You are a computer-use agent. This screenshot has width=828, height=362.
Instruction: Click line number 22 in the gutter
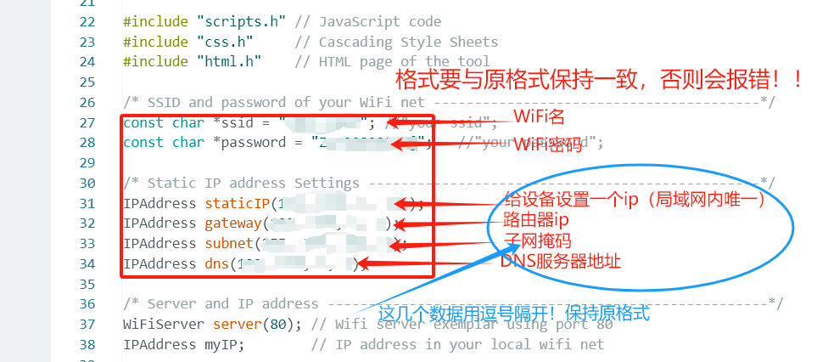(x=87, y=21)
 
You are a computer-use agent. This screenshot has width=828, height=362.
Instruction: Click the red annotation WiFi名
(x=539, y=116)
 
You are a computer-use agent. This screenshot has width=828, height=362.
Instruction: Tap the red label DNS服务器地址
(x=560, y=262)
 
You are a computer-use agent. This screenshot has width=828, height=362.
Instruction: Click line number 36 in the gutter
(x=87, y=303)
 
